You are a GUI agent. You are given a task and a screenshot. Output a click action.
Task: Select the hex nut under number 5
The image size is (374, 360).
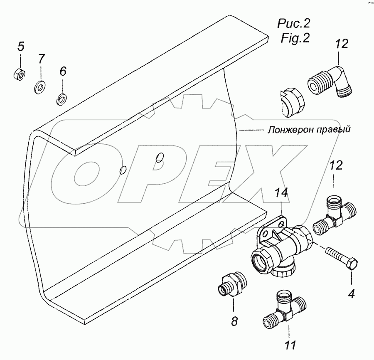[18, 74]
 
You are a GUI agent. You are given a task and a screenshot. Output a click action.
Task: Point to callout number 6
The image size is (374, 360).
[62, 71]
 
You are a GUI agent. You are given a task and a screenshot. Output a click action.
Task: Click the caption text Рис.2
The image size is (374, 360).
[295, 23]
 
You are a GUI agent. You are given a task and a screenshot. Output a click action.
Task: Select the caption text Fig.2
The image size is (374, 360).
[295, 39]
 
